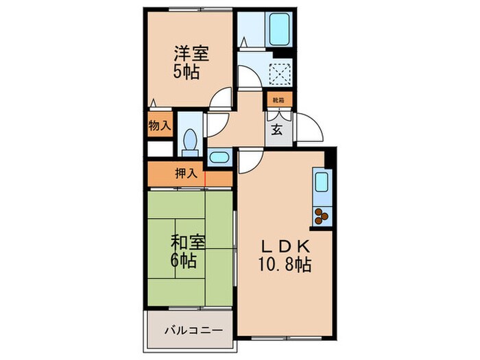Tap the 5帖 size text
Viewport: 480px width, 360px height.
pos(187,71)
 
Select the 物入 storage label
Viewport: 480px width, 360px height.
pos(160,126)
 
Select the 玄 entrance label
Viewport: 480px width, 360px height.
pos(277,128)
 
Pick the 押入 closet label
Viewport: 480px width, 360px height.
pos(185,173)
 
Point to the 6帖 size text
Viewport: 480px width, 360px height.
pos(183,261)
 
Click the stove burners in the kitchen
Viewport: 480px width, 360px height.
pos(322,217)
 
